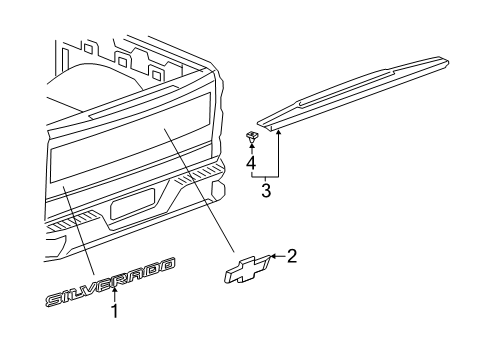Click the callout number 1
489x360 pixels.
point(114,338)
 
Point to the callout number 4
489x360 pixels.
point(252,159)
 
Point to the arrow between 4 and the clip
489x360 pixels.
point(252,144)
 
